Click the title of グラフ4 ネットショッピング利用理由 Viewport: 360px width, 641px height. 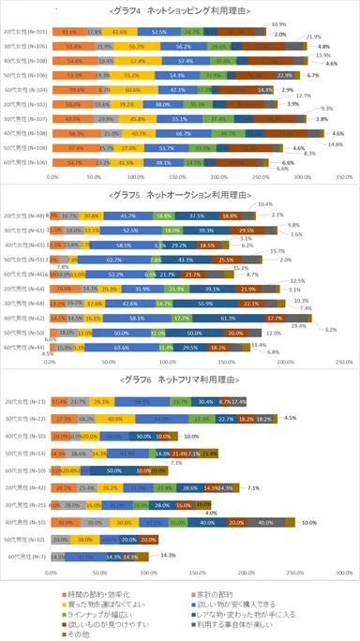point(179,12)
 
